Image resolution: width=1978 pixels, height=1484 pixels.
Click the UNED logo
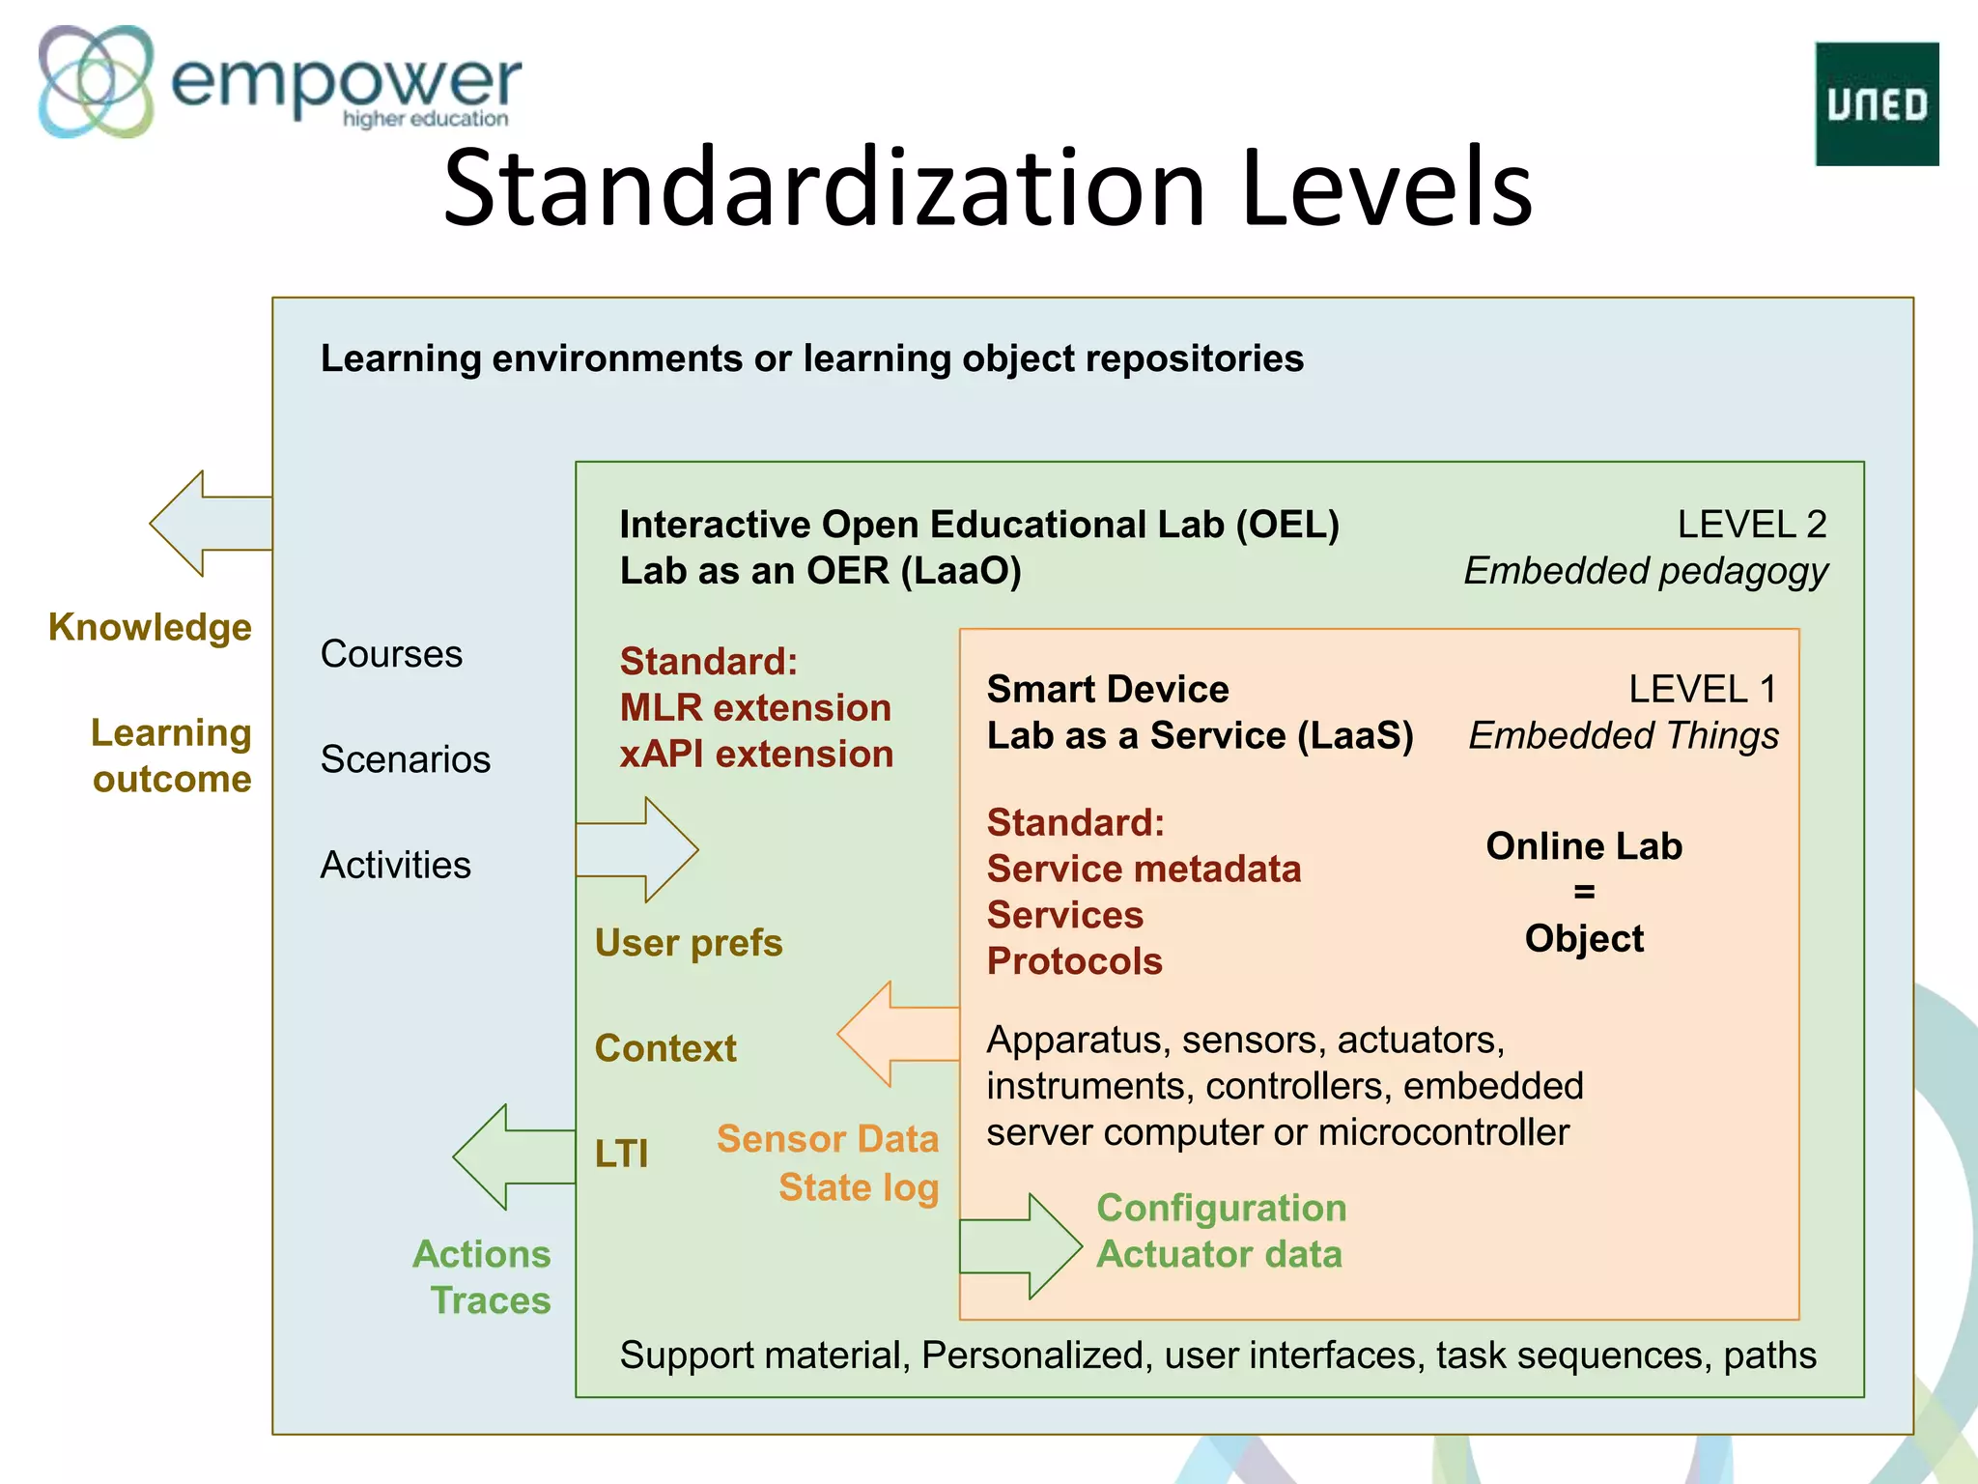click(1876, 104)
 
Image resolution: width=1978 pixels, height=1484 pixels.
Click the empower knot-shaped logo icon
click(96, 81)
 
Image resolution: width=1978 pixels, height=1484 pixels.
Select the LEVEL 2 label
click(1751, 525)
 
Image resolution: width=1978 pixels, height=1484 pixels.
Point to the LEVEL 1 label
click(1702, 690)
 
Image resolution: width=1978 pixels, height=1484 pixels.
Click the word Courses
click(391, 654)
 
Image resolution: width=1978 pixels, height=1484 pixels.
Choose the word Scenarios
click(405, 759)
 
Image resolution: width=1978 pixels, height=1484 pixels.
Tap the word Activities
click(395, 865)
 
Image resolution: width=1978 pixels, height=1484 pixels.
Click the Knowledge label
click(150, 627)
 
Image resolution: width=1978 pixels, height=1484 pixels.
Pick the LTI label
click(621, 1154)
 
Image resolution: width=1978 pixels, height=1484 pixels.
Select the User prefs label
click(689, 943)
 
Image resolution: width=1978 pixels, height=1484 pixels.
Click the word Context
click(665, 1048)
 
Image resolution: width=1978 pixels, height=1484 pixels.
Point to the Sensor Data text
click(827, 1139)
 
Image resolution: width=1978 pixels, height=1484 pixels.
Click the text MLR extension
click(755, 708)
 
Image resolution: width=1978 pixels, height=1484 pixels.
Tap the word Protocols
click(1074, 961)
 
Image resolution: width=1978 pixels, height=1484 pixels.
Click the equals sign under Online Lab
click(1584, 892)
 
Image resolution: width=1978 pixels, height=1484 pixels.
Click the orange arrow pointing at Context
click(898, 1034)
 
